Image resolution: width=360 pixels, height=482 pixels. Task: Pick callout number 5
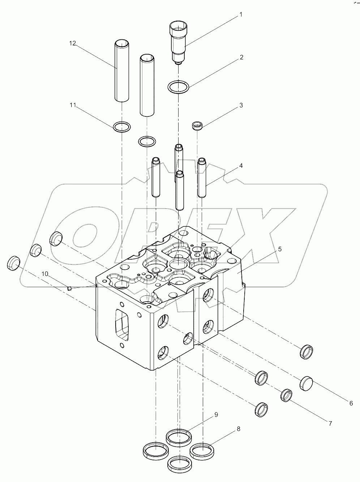(x=280, y=249)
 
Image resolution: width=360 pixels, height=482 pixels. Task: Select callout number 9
(x=216, y=415)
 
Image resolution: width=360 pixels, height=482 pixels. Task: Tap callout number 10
(x=45, y=274)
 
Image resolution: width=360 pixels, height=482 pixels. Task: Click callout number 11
(x=73, y=105)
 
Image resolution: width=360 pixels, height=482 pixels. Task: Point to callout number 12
(x=73, y=43)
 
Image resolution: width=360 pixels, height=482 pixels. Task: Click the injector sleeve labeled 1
(x=178, y=42)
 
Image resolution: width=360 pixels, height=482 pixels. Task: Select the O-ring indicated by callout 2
(x=178, y=87)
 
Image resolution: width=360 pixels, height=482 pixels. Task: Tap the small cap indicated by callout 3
(x=197, y=126)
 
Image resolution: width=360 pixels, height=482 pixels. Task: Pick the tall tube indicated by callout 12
(x=122, y=71)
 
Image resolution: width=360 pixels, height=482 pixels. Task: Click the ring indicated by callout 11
(x=122, y=127)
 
